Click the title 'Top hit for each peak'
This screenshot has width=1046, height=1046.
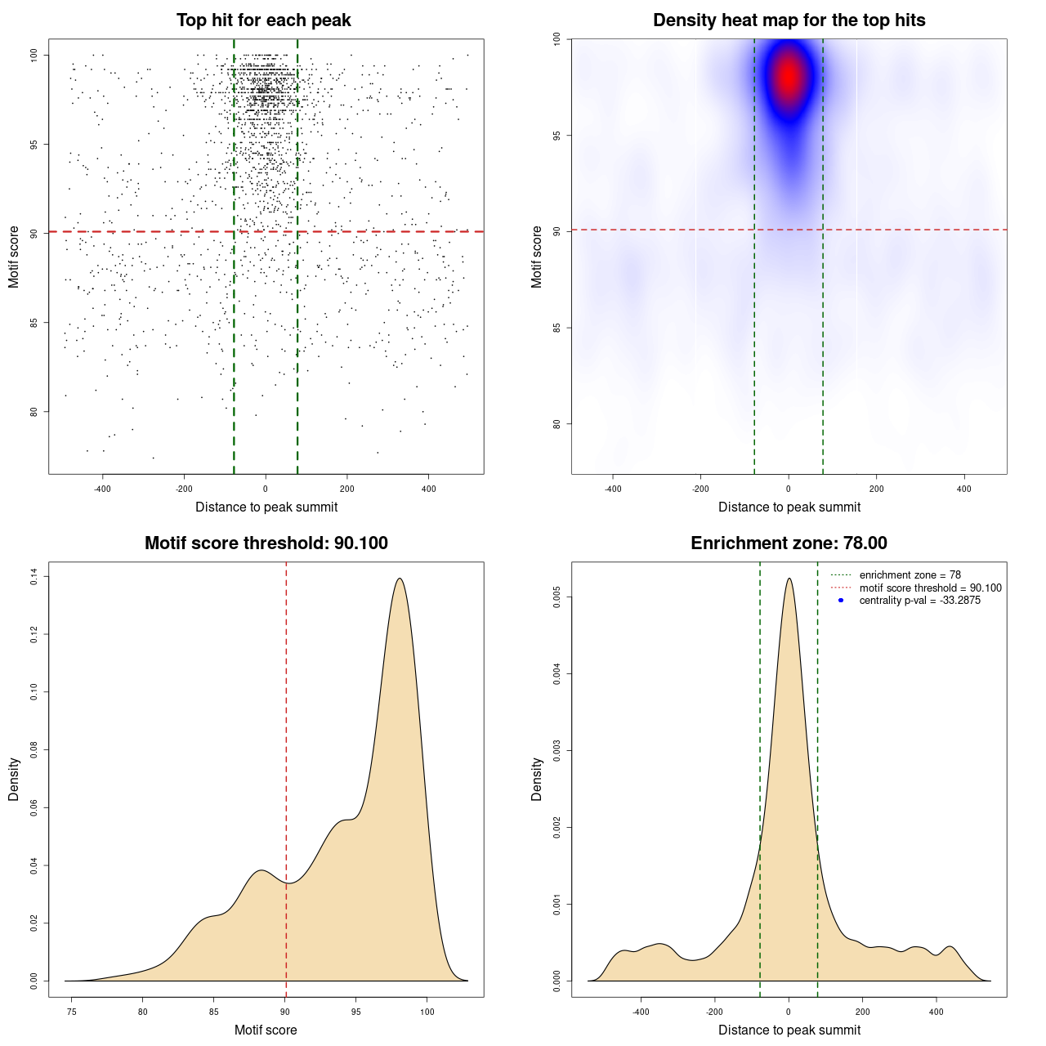(x=263, y=20)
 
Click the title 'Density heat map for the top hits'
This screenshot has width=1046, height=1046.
(x=789, y=20)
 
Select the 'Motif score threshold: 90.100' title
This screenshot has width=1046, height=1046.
(x=266, y=543)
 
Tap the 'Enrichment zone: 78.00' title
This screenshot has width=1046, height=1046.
(x=789, y=543)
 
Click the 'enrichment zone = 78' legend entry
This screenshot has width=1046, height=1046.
(x=910, y=575)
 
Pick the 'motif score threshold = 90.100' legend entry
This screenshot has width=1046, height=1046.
(x=930, y=588)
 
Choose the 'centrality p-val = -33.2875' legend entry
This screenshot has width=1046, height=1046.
(x=919, y=601)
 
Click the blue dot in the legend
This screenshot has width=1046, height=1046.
(x=841, y=601)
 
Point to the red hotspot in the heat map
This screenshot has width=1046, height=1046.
(x=789, y=76)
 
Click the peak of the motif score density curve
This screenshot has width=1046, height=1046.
(x=400, y=579)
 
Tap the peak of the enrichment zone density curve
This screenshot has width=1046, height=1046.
(x=789, y=579)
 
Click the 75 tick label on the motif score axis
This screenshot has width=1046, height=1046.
(x=72, y=1012)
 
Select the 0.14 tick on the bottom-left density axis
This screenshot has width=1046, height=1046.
(x=34, y=577)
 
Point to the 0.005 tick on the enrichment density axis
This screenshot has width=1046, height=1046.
(x=557, y=597)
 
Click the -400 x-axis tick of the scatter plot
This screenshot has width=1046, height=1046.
(x=102, y=489)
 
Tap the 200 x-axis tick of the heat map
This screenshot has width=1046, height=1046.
(x=876, y=489)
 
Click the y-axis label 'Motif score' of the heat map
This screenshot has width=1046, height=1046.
(x=536, y=257)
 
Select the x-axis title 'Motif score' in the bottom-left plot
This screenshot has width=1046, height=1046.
(x=266, y=1030)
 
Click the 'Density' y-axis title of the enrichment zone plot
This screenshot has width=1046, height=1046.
(x=536, y=779)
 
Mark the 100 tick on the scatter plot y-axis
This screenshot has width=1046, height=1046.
(x=34, y=55)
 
